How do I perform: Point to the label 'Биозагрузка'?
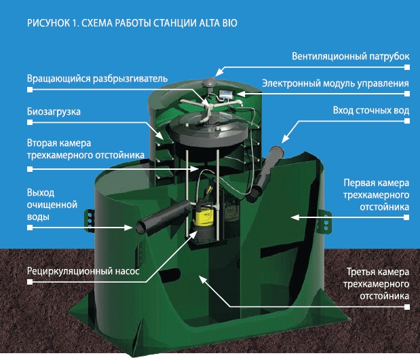click(x=51, y=111)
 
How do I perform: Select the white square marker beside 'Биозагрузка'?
click(x=29, y=123)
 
